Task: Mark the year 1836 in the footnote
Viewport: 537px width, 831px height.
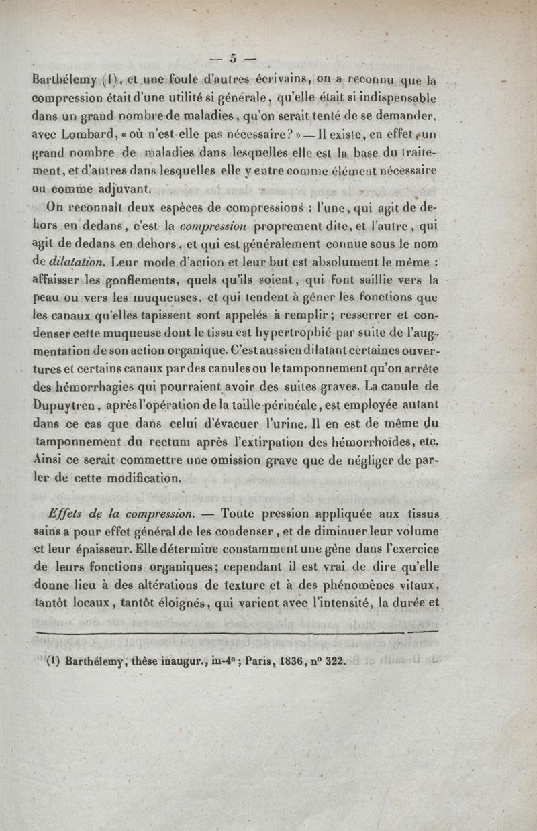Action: (x=267, y=660)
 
